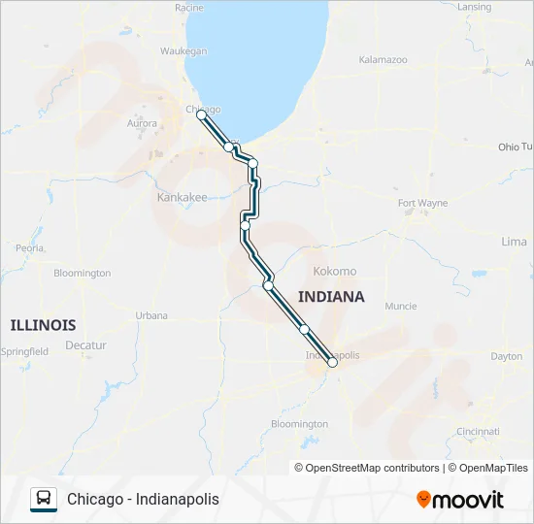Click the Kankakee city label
(x=182, y=197)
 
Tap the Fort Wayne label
(x=422, y=203)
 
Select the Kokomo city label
(x=334, y=272)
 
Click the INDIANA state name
(x=331, y=297)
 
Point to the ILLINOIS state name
(x=43, y=324)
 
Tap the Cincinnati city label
(x=478, y=431)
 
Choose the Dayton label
(x=506, y=356)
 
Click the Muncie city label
(x=400, y=306)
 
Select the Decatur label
(x=86, y=345)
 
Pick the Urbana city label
(x=151, y=315)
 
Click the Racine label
(x=188, y=8)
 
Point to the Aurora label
(x=143, y=123)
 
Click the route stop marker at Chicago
(x=201, y=115)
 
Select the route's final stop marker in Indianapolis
(x=332, y=362)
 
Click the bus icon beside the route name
(x=44, y=499)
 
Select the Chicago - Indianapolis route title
(x=143, y=499)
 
